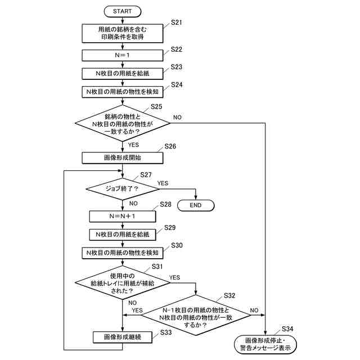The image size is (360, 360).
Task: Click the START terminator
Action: pyautogui.click(x=123, y=11)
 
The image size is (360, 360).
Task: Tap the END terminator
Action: pyautogui.click(x=196, y=205)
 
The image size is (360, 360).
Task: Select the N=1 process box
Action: pyautogui.click(x=123, y=55)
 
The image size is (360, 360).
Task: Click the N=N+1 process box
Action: pyautogui.click(x=123, y=216)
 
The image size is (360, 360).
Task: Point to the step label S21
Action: pyautogui.click(x=176, y=22)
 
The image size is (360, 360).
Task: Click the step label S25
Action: pyautogui.click(x=156, y=107)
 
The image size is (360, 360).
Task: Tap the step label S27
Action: pyautogui.click(x=146, y=175)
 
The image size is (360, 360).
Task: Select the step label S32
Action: pyautogui.click(x=229, y=296)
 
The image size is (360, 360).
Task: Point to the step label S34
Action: pyautogui.click(x=287, y=329)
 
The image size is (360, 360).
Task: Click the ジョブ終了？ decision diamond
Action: pyautogui.click(x=123, y=189)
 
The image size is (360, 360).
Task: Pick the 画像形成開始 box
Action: pyautogui.click(x=123, y=157)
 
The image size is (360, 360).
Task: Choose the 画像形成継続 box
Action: pyautogui.click(x=123, y=337)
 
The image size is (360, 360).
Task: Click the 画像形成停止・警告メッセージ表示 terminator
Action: pyautogui.click(x=265, y=344)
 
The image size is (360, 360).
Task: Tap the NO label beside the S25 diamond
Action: pyautogui.click(x=177, y=118)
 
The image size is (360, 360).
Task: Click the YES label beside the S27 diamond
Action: pyautogui.click(x=163, y=183)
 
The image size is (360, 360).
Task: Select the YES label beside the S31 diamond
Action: pyautogui.click(x=174, y=277)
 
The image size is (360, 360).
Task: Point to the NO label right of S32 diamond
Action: pyautogui.click(x=254, y=310)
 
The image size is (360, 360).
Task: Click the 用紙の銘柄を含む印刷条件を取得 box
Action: pyautogui.click(x=123, y=33)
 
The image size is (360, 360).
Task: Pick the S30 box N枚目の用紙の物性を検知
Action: pyautogui.click(x=123, y=253)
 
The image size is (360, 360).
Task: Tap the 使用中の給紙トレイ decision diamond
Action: pyautogui.click(x=123, y=283)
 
